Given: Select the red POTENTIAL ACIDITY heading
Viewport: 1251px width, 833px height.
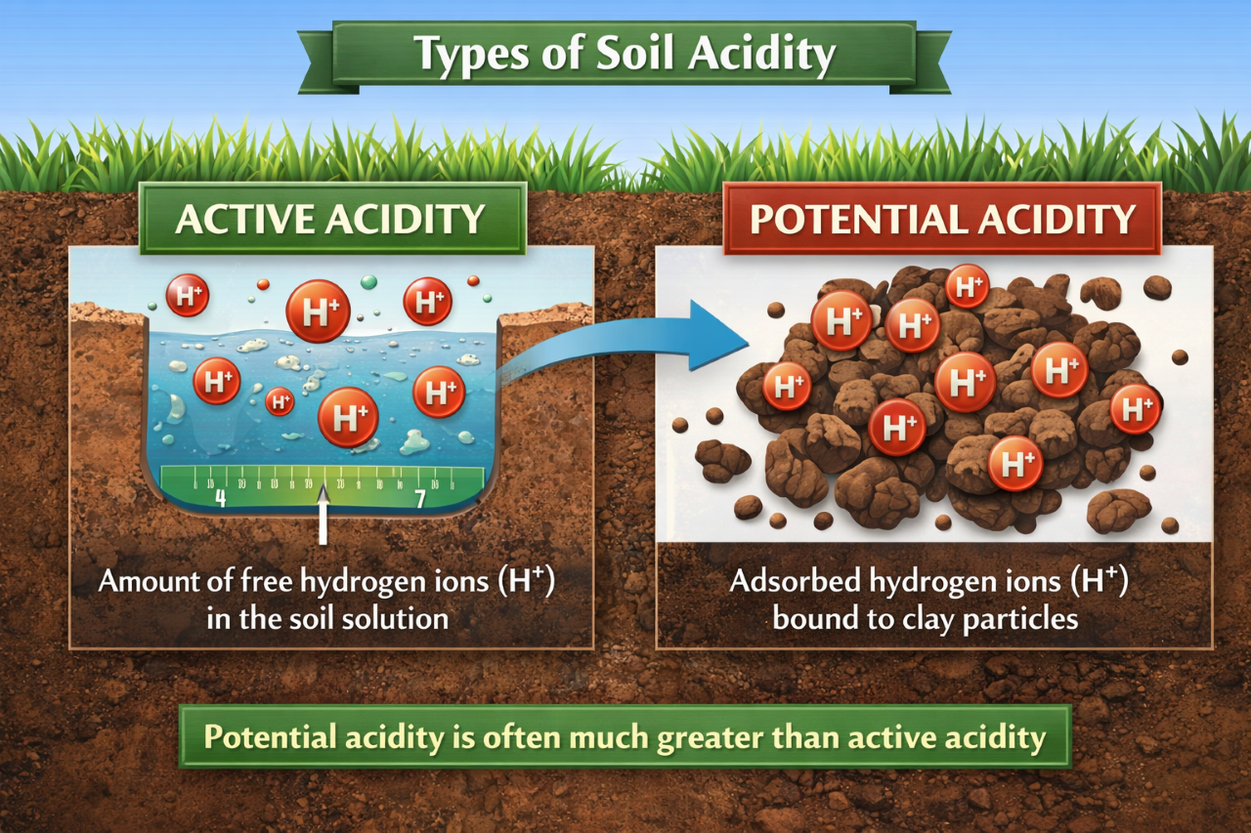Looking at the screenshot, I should pyautogui.click(x=942, y=219).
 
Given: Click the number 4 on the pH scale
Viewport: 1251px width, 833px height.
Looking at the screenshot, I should pyautogui.click(x=220, y=499).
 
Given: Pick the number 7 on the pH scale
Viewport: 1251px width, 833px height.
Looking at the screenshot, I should pyautogui.click(x=420, y=499).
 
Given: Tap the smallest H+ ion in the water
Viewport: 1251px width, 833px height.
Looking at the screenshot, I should pyautogui.click(x=280, y=400).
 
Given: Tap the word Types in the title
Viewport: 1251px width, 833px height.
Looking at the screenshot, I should pyautogui.click(x=463, y=55).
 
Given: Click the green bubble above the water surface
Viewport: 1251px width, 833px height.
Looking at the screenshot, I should pyautogui.click(x=368, y=281).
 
